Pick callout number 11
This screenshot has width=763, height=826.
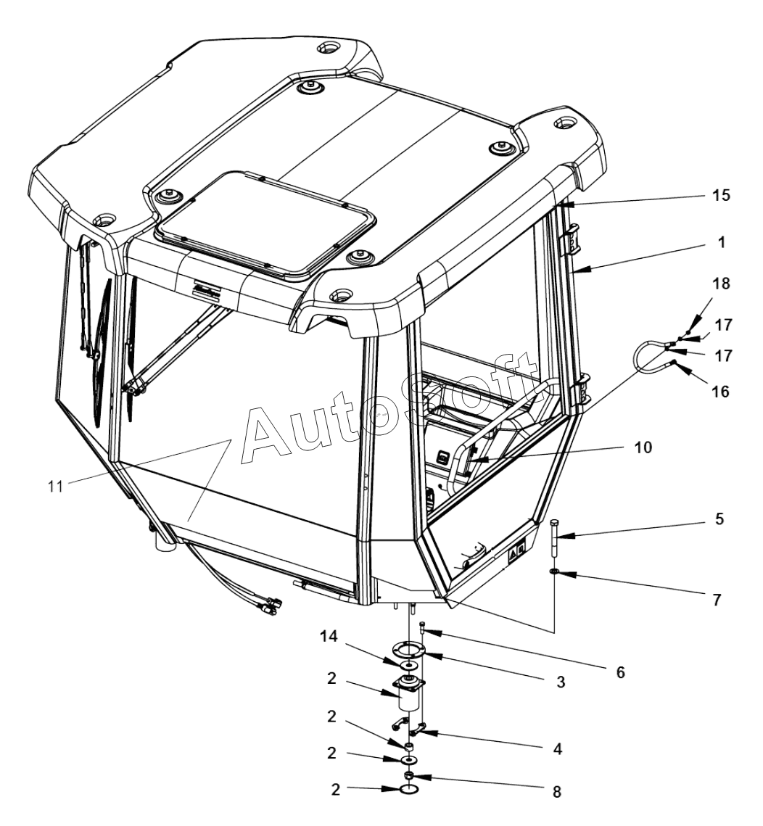(x=56, y=486)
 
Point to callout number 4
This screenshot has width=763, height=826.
(x=556, y=747)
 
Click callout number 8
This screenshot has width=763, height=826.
(x=556, y=793)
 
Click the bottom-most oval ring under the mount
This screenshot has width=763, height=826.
(x=409, y=788)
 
